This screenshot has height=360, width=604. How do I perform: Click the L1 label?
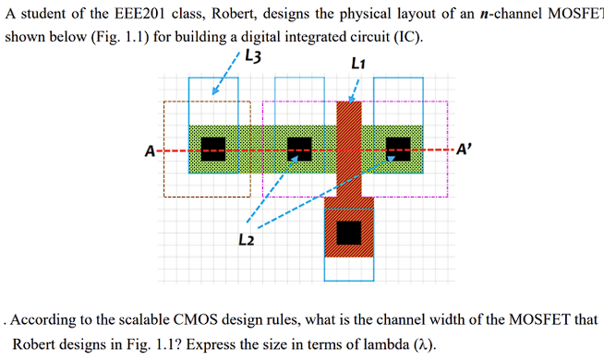tap(359, 64)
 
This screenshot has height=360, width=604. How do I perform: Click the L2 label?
tap(246, 241)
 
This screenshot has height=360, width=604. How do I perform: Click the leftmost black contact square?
tap(213, 149)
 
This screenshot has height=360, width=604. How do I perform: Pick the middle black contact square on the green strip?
tap(299, 149)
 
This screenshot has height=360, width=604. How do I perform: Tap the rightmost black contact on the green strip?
tap(398, 149)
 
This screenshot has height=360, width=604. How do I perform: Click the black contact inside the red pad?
tap(349, 233)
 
